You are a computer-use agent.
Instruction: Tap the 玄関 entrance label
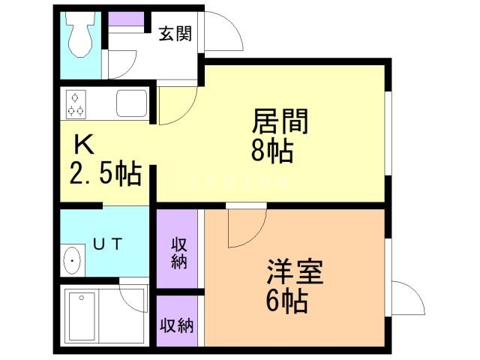175,33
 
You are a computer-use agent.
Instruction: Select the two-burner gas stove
76,104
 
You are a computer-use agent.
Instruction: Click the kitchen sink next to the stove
131,103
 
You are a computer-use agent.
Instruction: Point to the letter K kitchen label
82,145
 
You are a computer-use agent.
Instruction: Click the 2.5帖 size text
105,174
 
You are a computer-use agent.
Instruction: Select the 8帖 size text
271,151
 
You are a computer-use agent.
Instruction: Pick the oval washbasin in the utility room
73,262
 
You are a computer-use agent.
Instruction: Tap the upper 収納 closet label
178,252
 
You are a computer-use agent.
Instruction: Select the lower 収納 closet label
178,325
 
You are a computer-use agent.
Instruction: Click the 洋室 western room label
295,271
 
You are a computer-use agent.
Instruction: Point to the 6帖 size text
286,301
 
